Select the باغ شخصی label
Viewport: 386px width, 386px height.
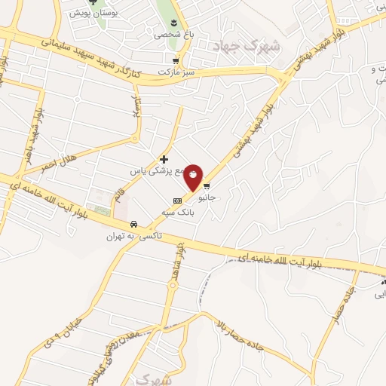pyautogui.click(x=168, y=34)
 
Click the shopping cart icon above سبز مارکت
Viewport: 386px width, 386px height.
pyautogui.click(x=176, y=62)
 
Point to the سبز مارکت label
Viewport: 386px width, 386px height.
pyautogui.click(x=176, y=72)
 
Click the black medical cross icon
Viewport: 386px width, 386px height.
pyautogui.click(x=164, y=159)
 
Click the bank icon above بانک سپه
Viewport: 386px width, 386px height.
pyautogui.click(x=176, y=201)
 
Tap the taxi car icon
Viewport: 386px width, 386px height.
pyautogui.click(x=133, y=224)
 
